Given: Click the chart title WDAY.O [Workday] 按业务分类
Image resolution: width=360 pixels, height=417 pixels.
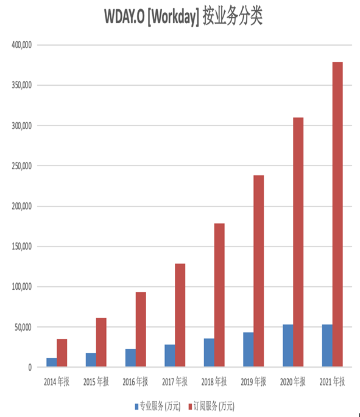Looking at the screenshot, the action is click(183, 16).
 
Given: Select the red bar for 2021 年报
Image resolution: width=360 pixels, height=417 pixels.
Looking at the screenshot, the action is click(337, 214).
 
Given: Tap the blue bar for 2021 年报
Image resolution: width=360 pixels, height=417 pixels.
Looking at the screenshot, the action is click(327, 346).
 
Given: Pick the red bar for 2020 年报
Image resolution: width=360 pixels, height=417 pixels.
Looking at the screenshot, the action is click(298, 242).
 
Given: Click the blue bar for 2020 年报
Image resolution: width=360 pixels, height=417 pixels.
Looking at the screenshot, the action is click(288, 346).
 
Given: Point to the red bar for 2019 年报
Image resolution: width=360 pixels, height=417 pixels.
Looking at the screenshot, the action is click(259, 271).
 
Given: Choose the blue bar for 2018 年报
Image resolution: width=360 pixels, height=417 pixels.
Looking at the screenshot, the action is click(209, 352).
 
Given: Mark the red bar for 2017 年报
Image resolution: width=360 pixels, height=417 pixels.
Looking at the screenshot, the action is click(180, 315).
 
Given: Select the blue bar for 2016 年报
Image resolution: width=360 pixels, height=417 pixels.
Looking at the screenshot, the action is click(130, 358).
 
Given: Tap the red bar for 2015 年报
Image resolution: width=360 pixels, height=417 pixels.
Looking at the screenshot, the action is click(101, 342).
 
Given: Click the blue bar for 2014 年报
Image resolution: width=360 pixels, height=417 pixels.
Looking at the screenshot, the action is click(52, 362).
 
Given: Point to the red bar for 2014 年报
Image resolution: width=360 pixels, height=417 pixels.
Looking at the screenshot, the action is click(62, 353).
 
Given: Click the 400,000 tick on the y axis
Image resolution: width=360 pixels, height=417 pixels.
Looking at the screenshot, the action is click(21, 45).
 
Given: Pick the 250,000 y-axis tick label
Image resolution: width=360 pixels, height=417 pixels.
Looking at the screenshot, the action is click(21, 166).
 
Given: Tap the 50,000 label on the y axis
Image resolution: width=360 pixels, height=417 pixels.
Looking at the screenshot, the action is click(23, 327).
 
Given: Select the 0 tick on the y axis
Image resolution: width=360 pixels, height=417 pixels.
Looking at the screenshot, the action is click(30, 368).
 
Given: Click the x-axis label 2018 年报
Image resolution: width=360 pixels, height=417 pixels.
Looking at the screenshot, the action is click(214, 382).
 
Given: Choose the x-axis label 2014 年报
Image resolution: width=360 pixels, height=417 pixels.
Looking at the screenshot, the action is click(57, 382).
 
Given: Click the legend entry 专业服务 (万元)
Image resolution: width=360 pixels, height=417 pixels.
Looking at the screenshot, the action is click(158, 406).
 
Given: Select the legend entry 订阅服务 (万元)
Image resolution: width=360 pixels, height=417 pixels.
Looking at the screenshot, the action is click(211, 406).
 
